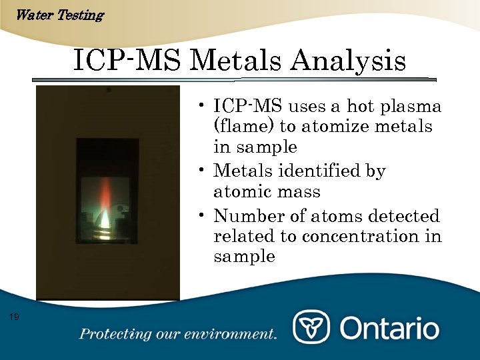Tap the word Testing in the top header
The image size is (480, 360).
pyautogui.click(x=81, y=15)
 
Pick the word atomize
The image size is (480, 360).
pyautogui.click(x=336, y=127)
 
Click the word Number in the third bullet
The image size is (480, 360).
pyautogui.click(x=245, y=216)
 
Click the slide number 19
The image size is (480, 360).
pyautogui.click(x=14, y=316)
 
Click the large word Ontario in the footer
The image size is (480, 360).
pyautogui.click(x=390, y=328)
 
